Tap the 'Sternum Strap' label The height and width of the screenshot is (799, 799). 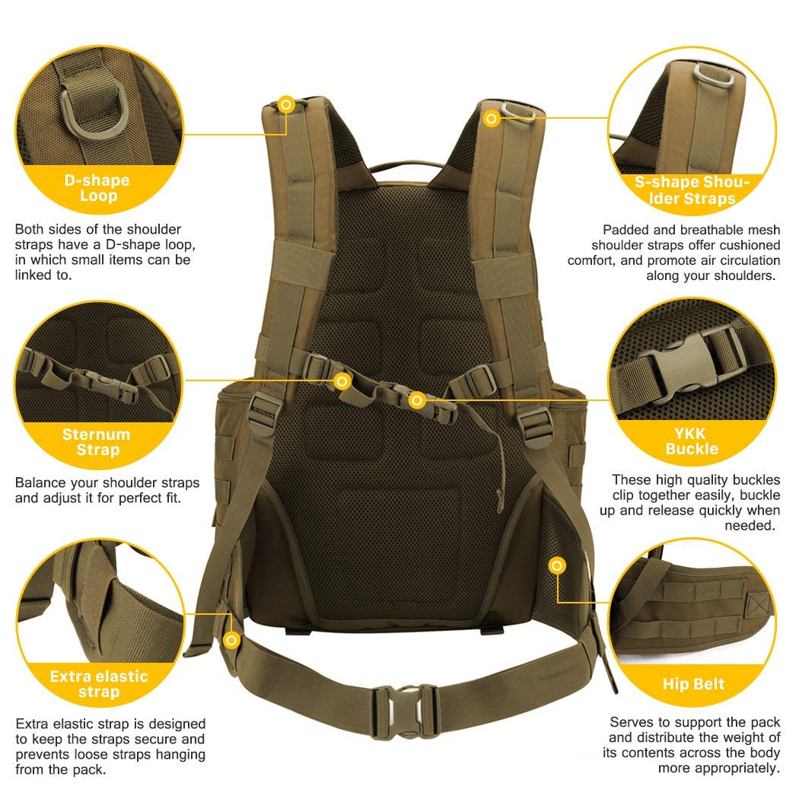[x=97, y=442]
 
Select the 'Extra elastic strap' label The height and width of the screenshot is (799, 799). [x=99, y=683]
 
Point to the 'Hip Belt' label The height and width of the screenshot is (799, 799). [x=693, y=683]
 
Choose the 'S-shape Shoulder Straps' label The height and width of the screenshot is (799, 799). [x=692, y=190]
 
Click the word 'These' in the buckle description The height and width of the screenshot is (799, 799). [x=632, y=479]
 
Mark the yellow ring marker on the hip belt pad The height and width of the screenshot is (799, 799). [x=557, y=565]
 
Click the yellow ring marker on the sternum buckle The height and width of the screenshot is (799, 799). [x=416, y=400]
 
